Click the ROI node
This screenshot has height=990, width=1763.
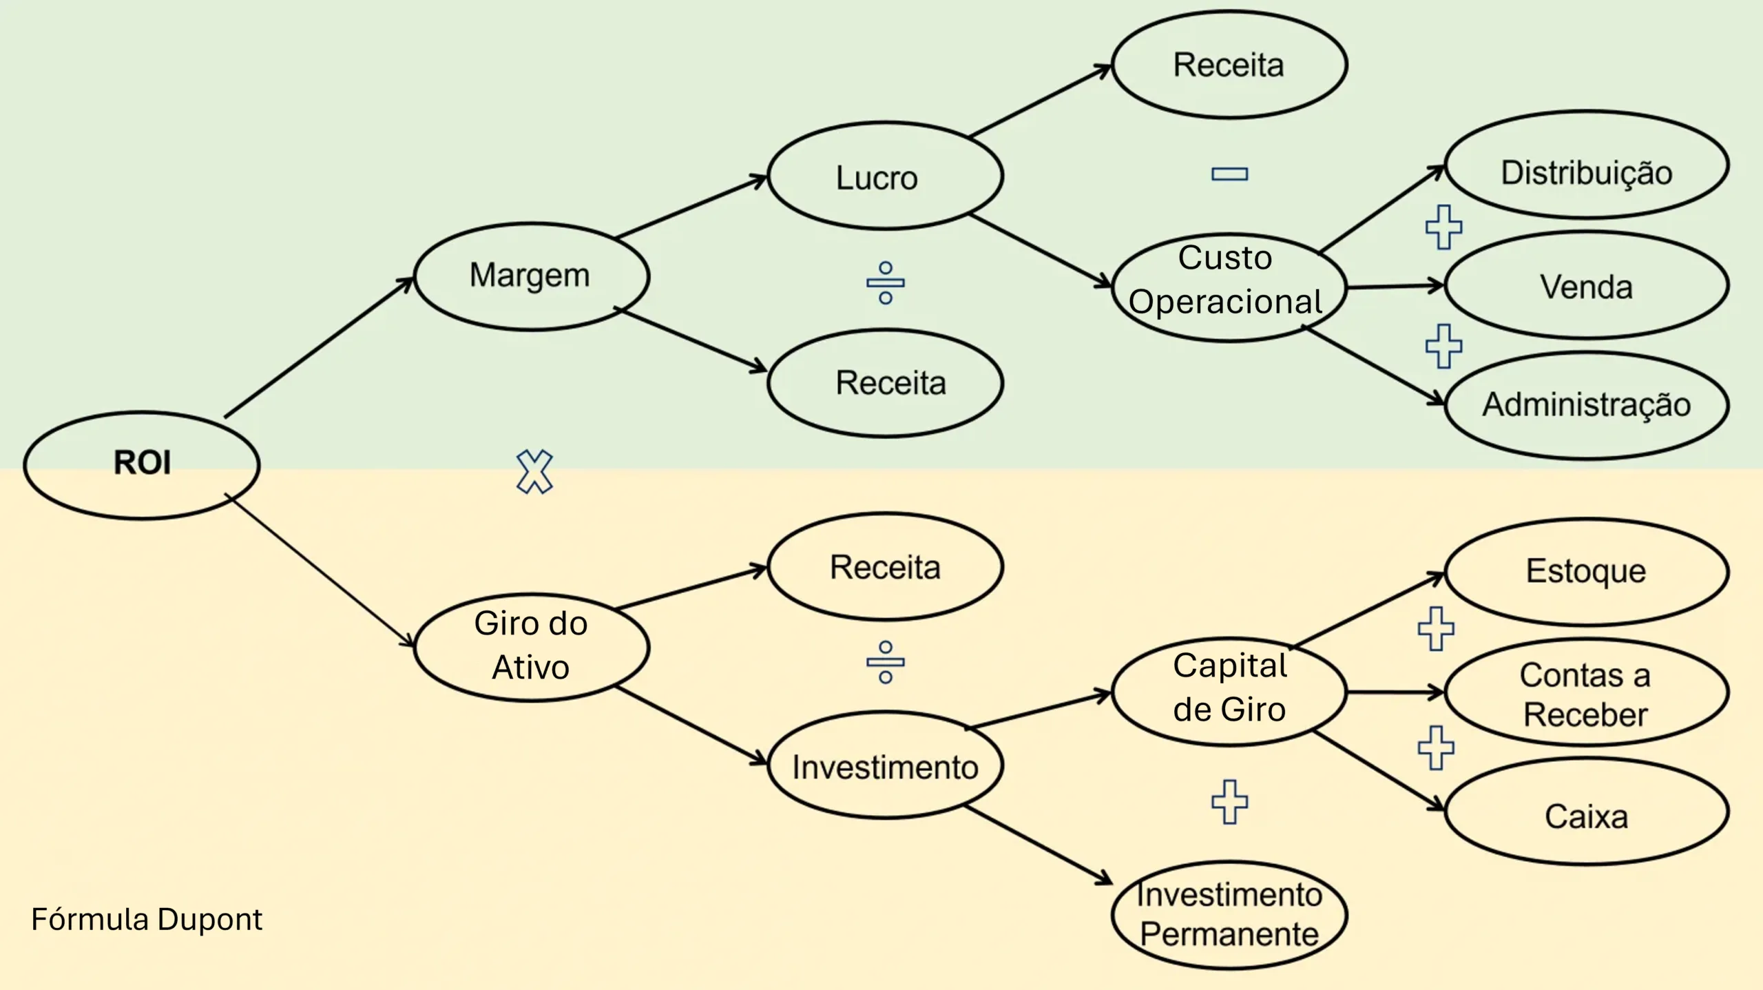(142, 464)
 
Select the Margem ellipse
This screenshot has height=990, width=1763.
(531, 276)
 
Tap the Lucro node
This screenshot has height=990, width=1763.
(885, 176)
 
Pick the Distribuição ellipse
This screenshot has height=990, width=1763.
(1586, 165)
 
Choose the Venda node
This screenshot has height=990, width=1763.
(1586, 285)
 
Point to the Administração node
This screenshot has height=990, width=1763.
(1586, 405)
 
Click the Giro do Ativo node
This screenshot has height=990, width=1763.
(531, 646)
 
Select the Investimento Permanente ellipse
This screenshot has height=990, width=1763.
(1229, 914)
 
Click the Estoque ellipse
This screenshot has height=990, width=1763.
(1586, 571)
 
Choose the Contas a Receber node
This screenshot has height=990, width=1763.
(1586, 693)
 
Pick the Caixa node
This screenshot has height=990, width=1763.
(1586, 813)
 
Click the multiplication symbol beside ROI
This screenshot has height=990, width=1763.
(534, 472)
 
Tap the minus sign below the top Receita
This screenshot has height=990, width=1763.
(1229, 174)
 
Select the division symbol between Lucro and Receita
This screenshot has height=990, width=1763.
(886, 282)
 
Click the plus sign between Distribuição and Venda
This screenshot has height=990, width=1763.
(1443, 227)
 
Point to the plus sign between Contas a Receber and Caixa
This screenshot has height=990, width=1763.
(1436, 747)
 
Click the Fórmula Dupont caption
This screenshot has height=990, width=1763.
(147, 920)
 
